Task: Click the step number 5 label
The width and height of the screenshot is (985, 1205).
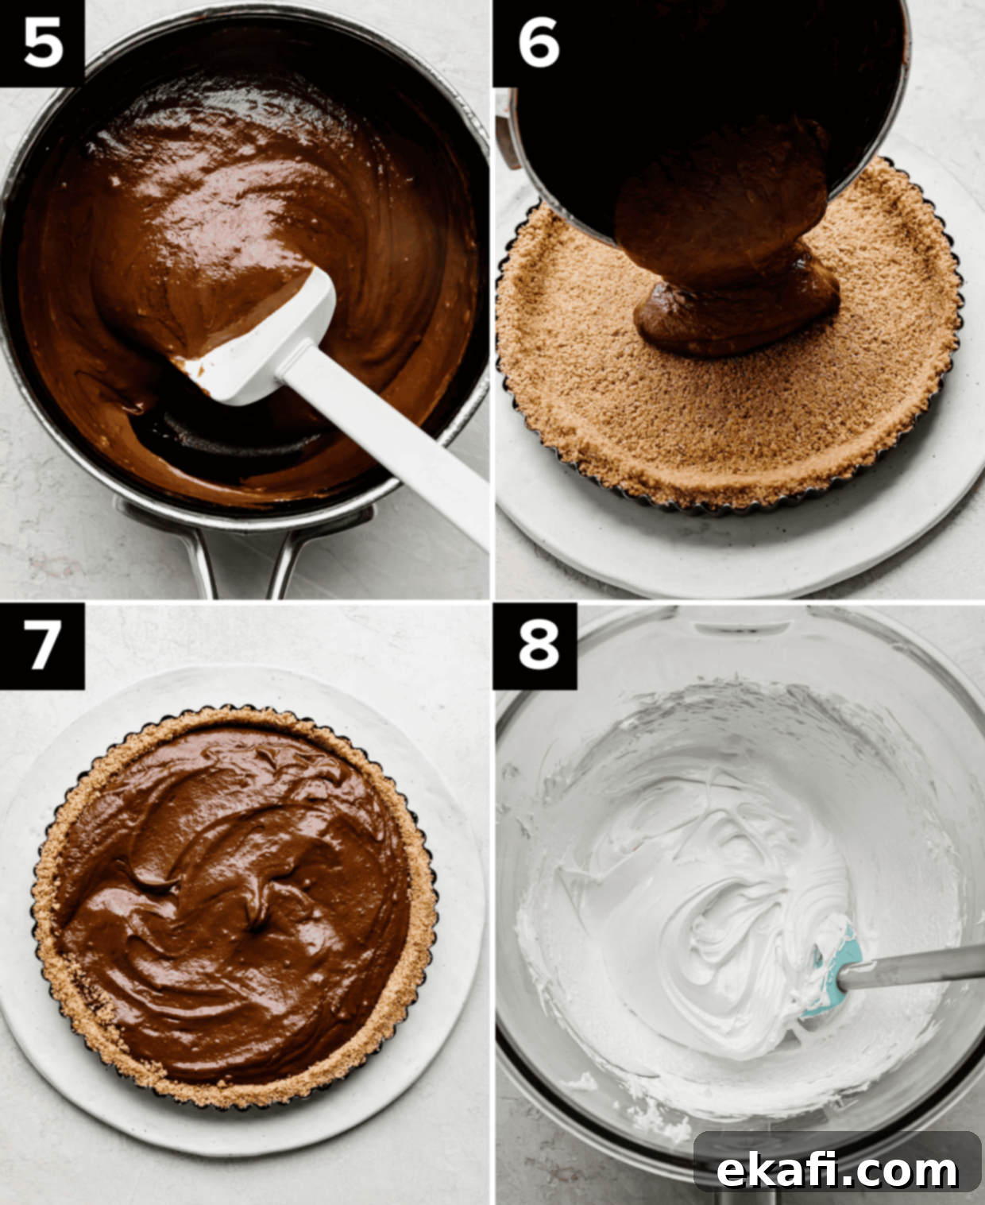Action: (x=43, y=44)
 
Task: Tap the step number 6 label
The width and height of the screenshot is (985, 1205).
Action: (x=539, y=44)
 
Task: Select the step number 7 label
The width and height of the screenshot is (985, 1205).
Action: (x=43, y=645)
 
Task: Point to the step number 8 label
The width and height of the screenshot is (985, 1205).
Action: (x=539, y=645)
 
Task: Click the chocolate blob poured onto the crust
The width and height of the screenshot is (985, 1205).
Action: (x=736, y=308)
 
